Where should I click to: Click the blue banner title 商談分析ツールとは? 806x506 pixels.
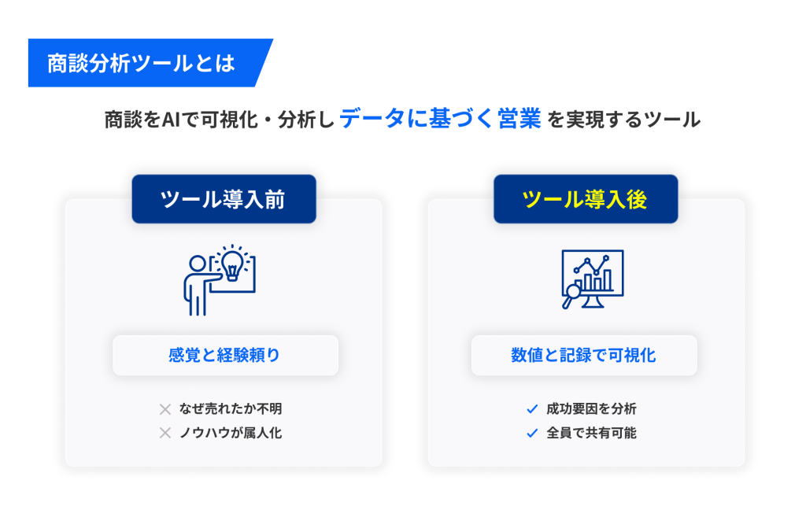pyautogui.click(x=141, y=63)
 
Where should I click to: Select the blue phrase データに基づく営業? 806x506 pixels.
pyautogui.click(x=440, y=119)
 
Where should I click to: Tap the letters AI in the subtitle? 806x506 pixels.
pyautogui.click(x=171, y=120)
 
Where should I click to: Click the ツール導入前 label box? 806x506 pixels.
pyautogui.click(x=224, y=199)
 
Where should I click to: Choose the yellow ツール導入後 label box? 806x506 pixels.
pyautogui.click(x=586, y=199)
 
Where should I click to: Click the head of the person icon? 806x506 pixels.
pyautogui.click(x=198, y=264)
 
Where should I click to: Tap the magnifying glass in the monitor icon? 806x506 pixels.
pyautogui.click(x=570, y=296)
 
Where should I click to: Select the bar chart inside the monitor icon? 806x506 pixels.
pyautogui.click(x=593, y=281)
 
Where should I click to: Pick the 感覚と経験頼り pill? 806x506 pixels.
pyautogui.click(x=225, y=355)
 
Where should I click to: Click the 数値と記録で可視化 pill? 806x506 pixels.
pyautogui.click(x=584, y=355)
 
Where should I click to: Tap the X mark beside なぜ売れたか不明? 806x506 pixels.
pyautogui.click(x=165, y=409)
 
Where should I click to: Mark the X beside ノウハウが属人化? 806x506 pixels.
pyautogui.click(x=165, y=433)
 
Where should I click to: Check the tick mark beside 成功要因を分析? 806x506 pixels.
pyautogui.click(x=532, y=409)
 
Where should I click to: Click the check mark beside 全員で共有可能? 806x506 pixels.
pyautogui.click(x=532, y=433)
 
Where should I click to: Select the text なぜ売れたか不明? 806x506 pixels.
pyautogui.click(x=231, y=409)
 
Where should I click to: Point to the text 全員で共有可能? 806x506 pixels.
pyautogui.click(x=591, y=433)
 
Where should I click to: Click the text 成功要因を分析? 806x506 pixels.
pyautogui.click(x=591, y=409)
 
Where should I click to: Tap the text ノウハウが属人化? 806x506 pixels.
pyautogui.click(x=231, y=433)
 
